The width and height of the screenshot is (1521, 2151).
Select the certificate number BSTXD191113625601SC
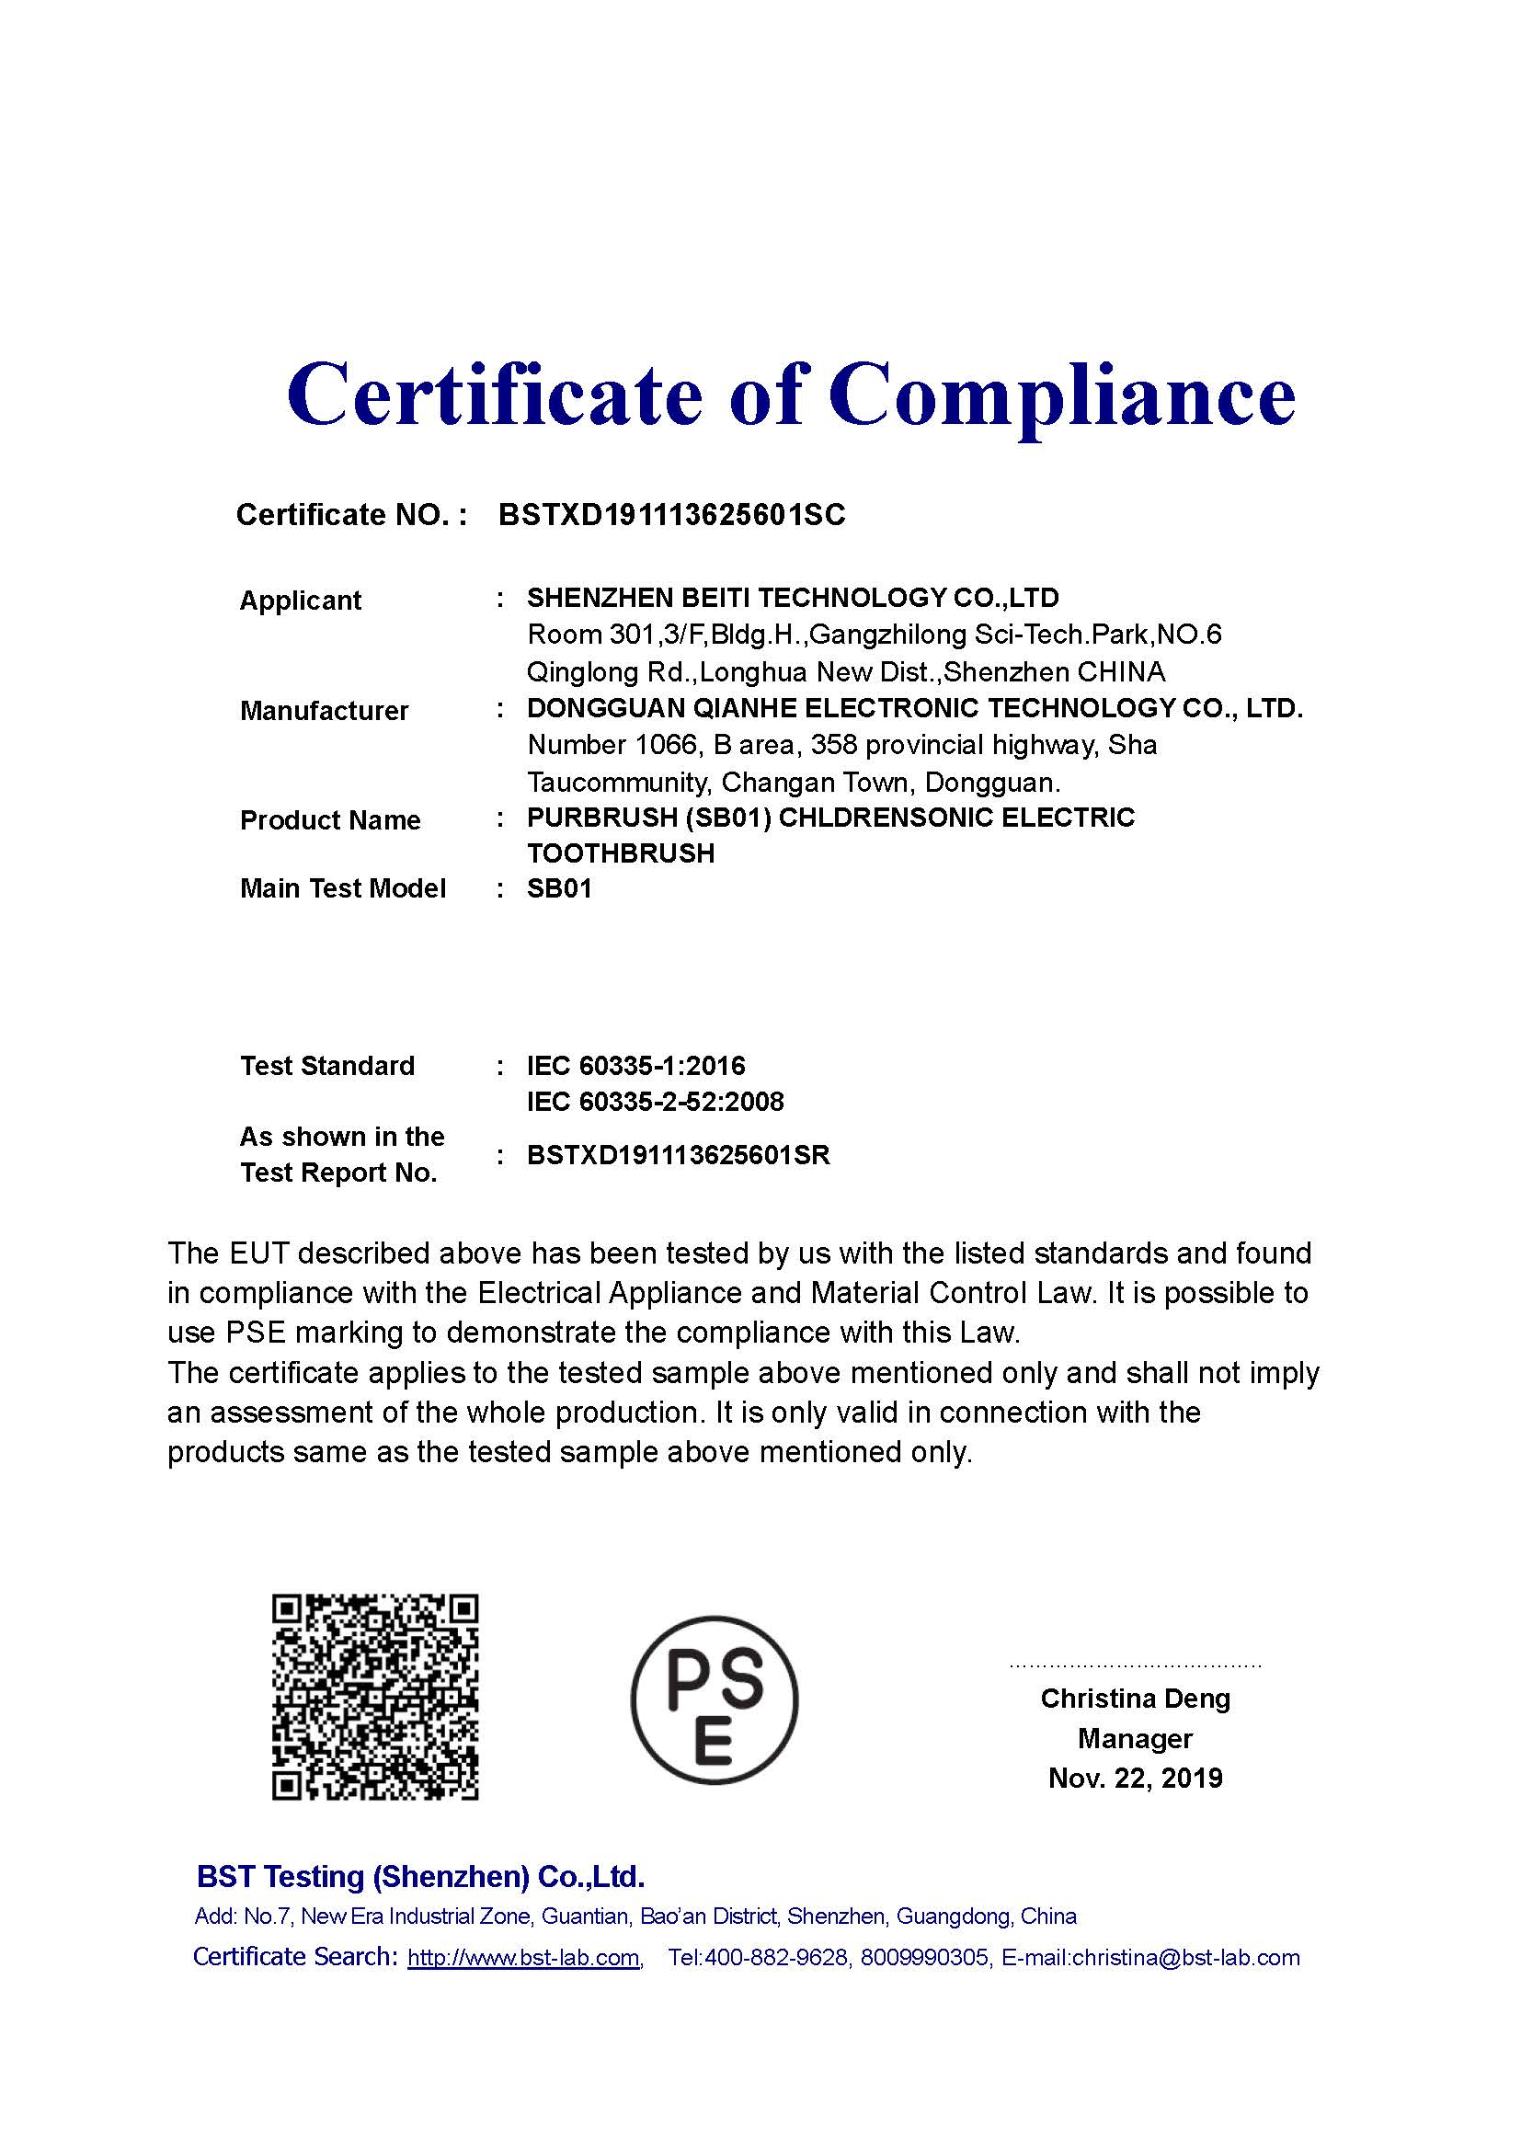pos(671,515)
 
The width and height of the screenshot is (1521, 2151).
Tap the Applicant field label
pos(301,601)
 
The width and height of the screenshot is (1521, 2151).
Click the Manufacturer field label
pos(324,711)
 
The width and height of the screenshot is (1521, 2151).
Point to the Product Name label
pos(331,820)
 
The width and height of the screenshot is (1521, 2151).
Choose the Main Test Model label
pos(343,888)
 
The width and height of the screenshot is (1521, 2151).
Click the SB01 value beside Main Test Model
pos(560,888)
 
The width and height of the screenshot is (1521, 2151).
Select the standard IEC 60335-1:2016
pos(636,1065)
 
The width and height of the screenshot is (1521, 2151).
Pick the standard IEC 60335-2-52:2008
pos(655,1101)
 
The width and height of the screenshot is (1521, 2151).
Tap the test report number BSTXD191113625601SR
pos(678,1155)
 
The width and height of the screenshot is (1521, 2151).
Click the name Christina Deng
pos(1135,1699)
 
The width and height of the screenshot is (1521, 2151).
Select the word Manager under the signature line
pos(1135,1739)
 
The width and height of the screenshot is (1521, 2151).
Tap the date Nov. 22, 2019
pos(1135,1779)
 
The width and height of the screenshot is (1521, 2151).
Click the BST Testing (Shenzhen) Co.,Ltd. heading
pos(420,1877)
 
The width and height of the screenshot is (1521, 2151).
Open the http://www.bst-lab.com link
pos(523,1957)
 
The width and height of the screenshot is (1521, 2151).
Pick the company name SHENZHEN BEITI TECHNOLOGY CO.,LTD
pos(793,598)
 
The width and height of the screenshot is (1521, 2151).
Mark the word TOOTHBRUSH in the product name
pos(621,853)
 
